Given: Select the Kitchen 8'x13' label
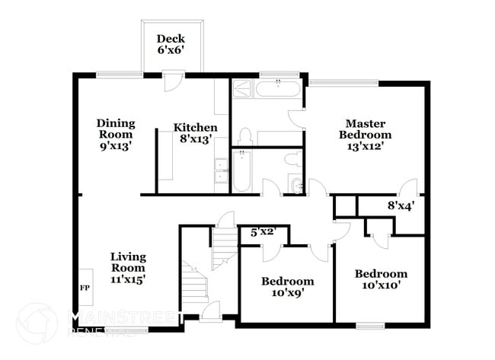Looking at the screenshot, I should click(x=195, y=133).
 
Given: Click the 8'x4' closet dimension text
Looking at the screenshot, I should click(x=401, y=205).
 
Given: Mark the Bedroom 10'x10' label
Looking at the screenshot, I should click(x=381, y=279).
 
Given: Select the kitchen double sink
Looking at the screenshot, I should click(x=220, y=170).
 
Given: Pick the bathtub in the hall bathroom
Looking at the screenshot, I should click(x=241, y=172).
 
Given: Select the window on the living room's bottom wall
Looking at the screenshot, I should click(x=128, y=329).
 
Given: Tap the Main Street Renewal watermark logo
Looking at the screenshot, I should click(x=36, y=323).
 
